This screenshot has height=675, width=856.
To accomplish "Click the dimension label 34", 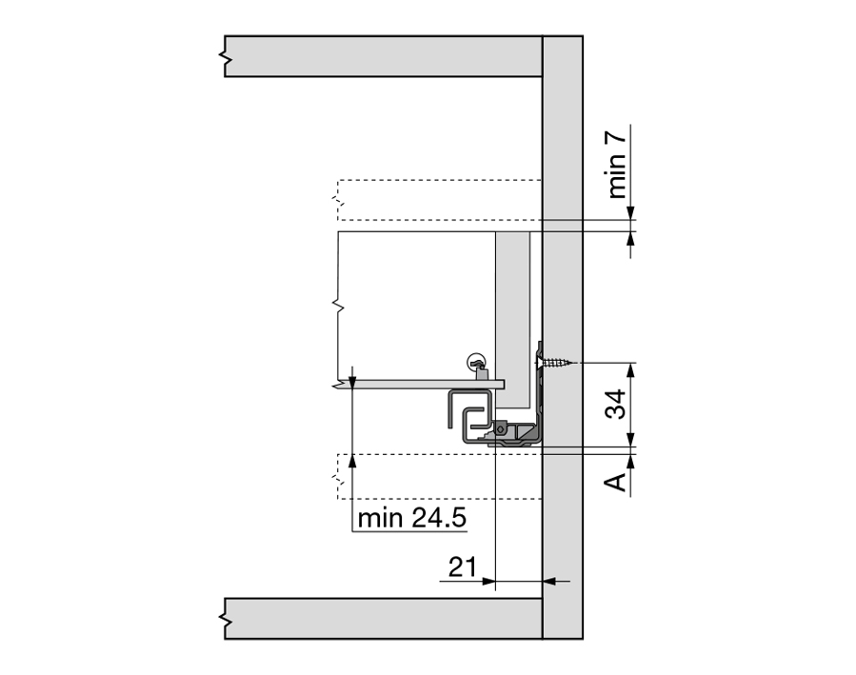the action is [616, 404].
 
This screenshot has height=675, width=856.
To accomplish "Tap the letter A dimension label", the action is [616, 482].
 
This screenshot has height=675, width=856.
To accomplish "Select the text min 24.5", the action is [412, 518].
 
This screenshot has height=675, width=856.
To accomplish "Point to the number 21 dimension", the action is [463, 567].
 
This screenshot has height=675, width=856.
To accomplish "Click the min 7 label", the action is [616, 166].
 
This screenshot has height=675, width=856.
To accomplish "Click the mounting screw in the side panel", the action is [555, 362].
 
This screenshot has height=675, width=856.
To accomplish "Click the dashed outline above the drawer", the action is [440, 200].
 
